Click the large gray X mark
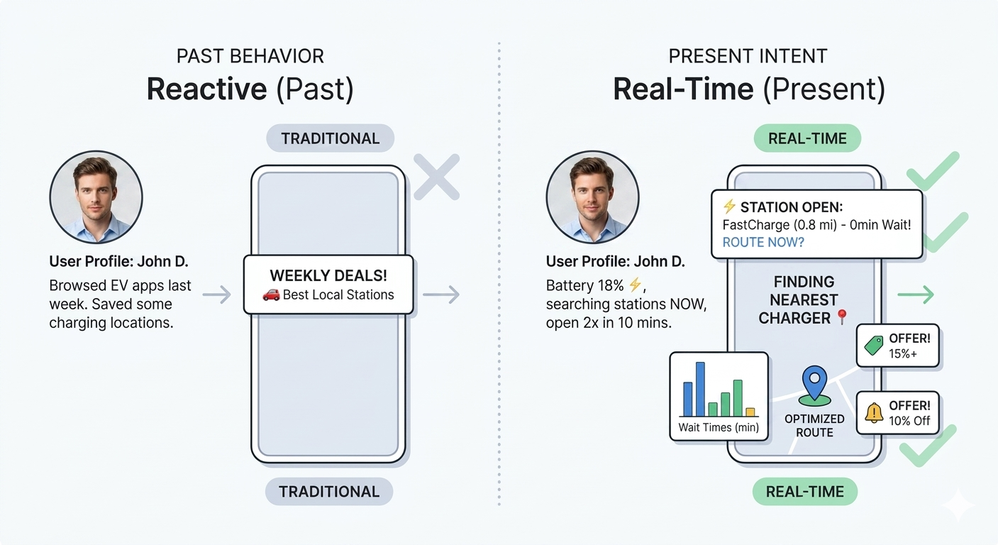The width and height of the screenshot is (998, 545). coord(437,177)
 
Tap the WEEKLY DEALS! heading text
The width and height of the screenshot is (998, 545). coord(328,275)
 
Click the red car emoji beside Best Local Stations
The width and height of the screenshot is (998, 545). coord(270,294)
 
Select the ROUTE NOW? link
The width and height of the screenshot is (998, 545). coord(763,242)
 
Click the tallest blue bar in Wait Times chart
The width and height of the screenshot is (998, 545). coord(700,389)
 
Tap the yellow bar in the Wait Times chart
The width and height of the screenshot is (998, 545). coord(750,412)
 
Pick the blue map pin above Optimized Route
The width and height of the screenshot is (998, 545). coord(814,383)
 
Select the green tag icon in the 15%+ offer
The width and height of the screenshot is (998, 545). coord(873,345)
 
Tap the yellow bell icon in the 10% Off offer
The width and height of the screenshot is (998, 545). coord(873,412)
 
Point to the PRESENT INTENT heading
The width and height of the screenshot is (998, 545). coord(748,56)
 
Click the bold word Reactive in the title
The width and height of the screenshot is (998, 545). coord(206,89)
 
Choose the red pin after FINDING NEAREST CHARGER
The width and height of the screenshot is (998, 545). coord(842,317)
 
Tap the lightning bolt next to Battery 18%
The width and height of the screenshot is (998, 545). coord(635,285)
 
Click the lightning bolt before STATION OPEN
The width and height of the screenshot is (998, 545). coord(729,207)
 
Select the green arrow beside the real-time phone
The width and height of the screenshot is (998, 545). coord(916,294)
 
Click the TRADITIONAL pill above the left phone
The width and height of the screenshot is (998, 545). coord(330,138)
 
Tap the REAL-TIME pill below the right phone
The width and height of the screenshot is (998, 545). coord(804,492)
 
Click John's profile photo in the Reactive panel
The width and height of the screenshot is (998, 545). coord(96,197)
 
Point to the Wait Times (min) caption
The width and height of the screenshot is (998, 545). coord(719,427)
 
